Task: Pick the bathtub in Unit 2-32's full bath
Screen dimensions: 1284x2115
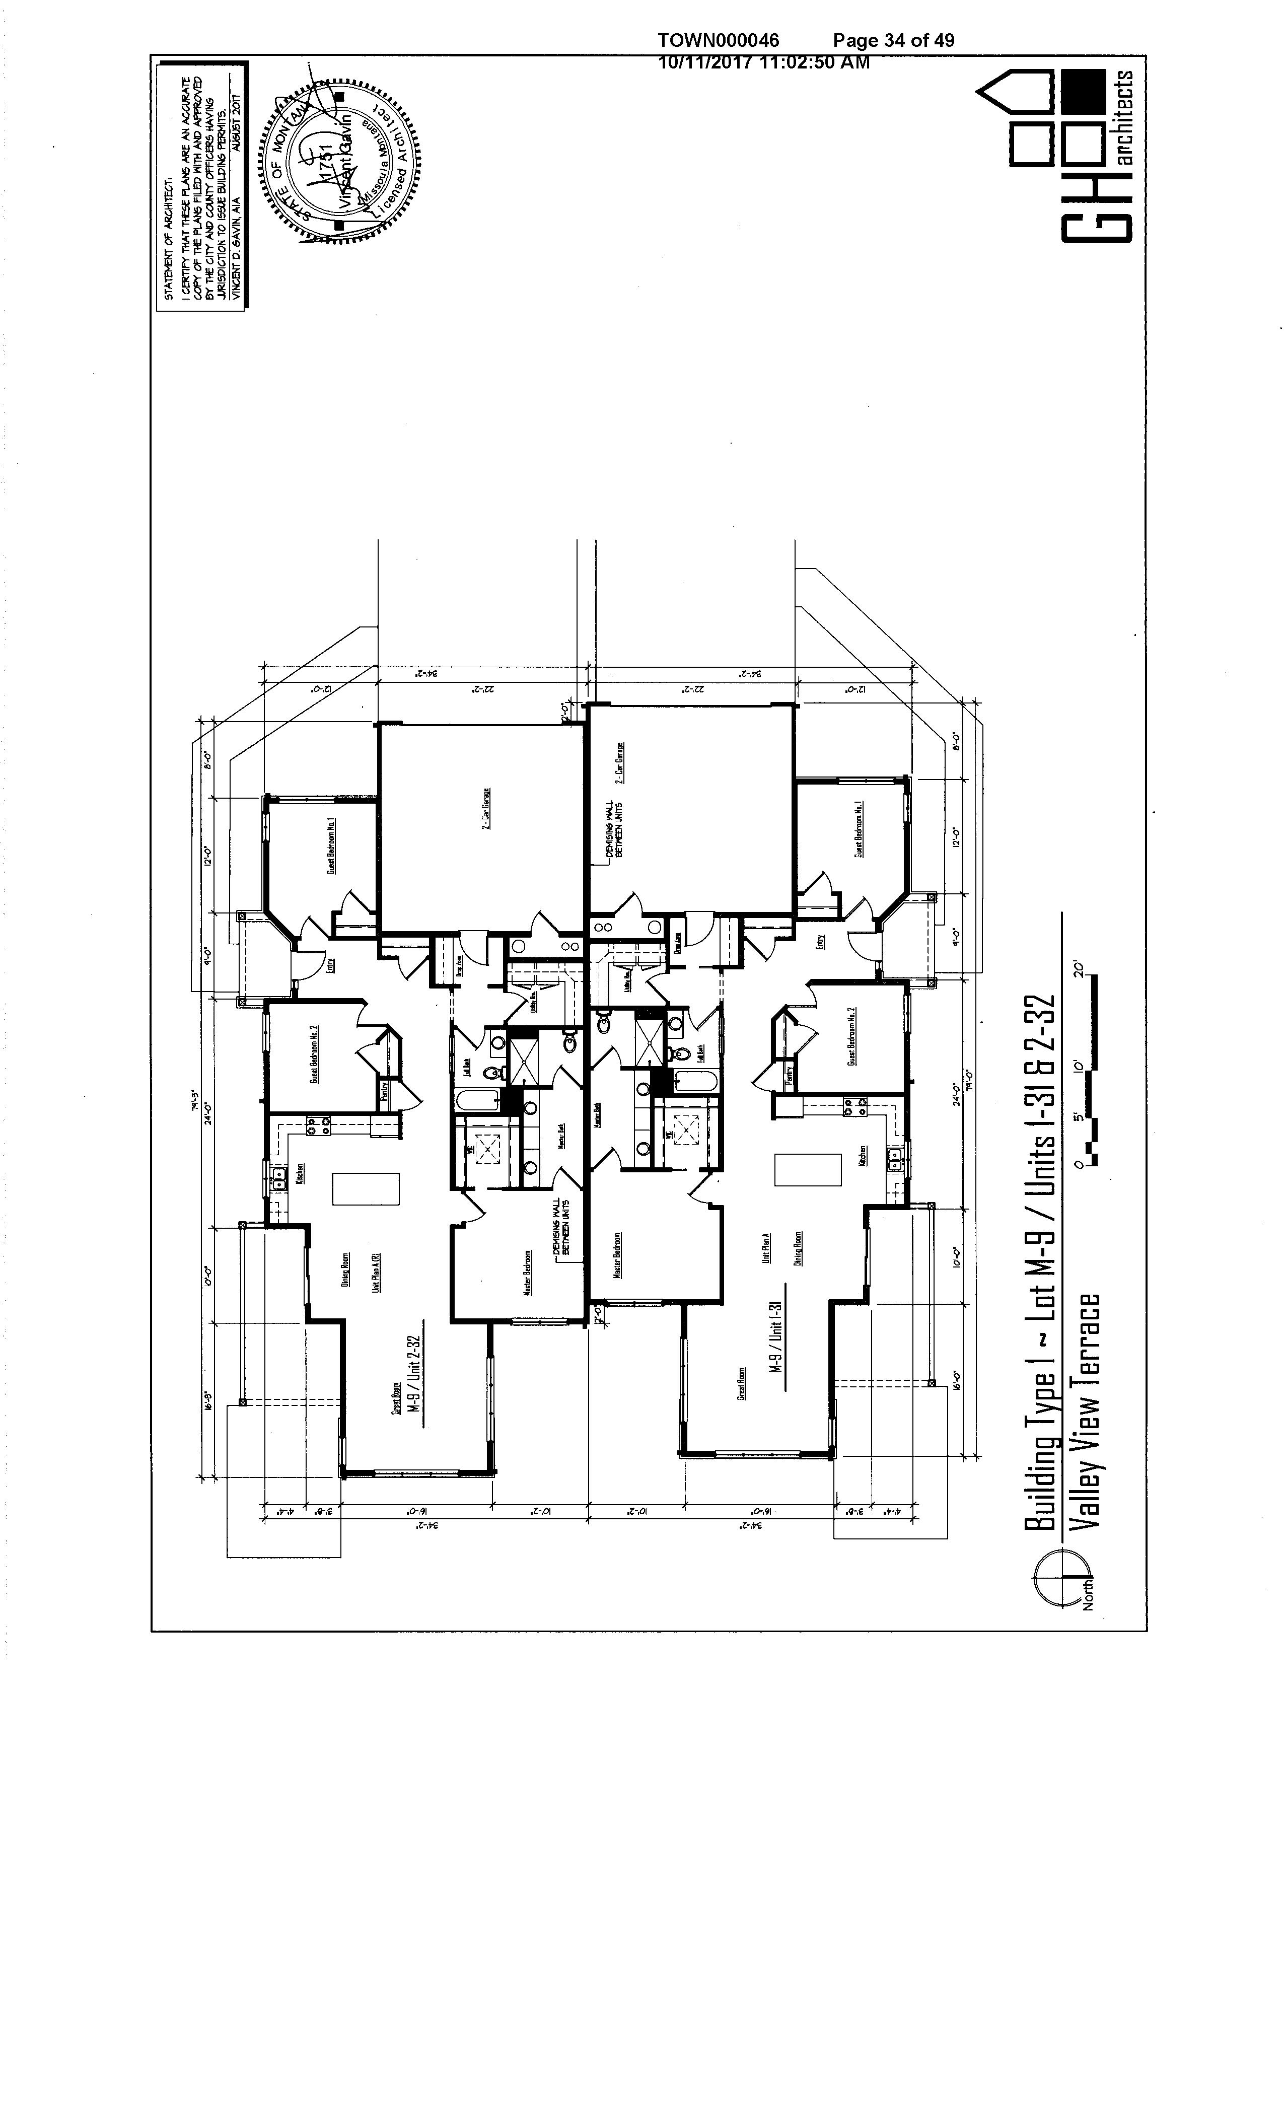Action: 475,1101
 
